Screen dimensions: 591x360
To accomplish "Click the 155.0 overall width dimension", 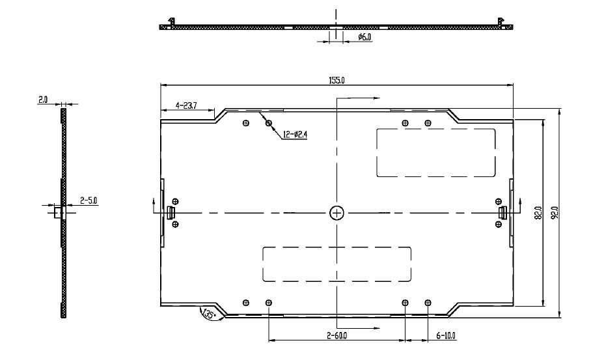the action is [x=337, y=80].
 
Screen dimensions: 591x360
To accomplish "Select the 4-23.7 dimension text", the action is [x=186, y=105].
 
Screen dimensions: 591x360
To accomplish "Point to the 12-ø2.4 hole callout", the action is [x=295, y=134].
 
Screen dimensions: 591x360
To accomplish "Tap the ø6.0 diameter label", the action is [x=364, y=37].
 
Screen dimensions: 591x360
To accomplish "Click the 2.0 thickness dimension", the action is [x=43, y=100].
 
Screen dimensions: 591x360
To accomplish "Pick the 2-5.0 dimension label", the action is [x=89, y=201].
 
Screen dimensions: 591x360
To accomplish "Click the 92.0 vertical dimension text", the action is [x=555, y=213].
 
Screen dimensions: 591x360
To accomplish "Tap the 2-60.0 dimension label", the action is [x=337, y=335].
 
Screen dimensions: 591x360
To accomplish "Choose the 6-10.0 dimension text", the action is [x=445, y=335].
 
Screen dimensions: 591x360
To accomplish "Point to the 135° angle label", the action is [x=208, y=314].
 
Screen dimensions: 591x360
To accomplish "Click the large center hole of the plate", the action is [x=337, y=213].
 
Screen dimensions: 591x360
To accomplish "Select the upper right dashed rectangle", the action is [x=435, y=153].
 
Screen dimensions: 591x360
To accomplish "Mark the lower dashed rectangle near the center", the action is [x=337, y=264].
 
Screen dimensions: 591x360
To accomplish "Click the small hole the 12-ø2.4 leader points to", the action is [x=269, y=123].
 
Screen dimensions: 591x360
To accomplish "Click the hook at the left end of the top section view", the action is [x=171, y=21].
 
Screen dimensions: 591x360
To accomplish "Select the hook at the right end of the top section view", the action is [x=501, y=21].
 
